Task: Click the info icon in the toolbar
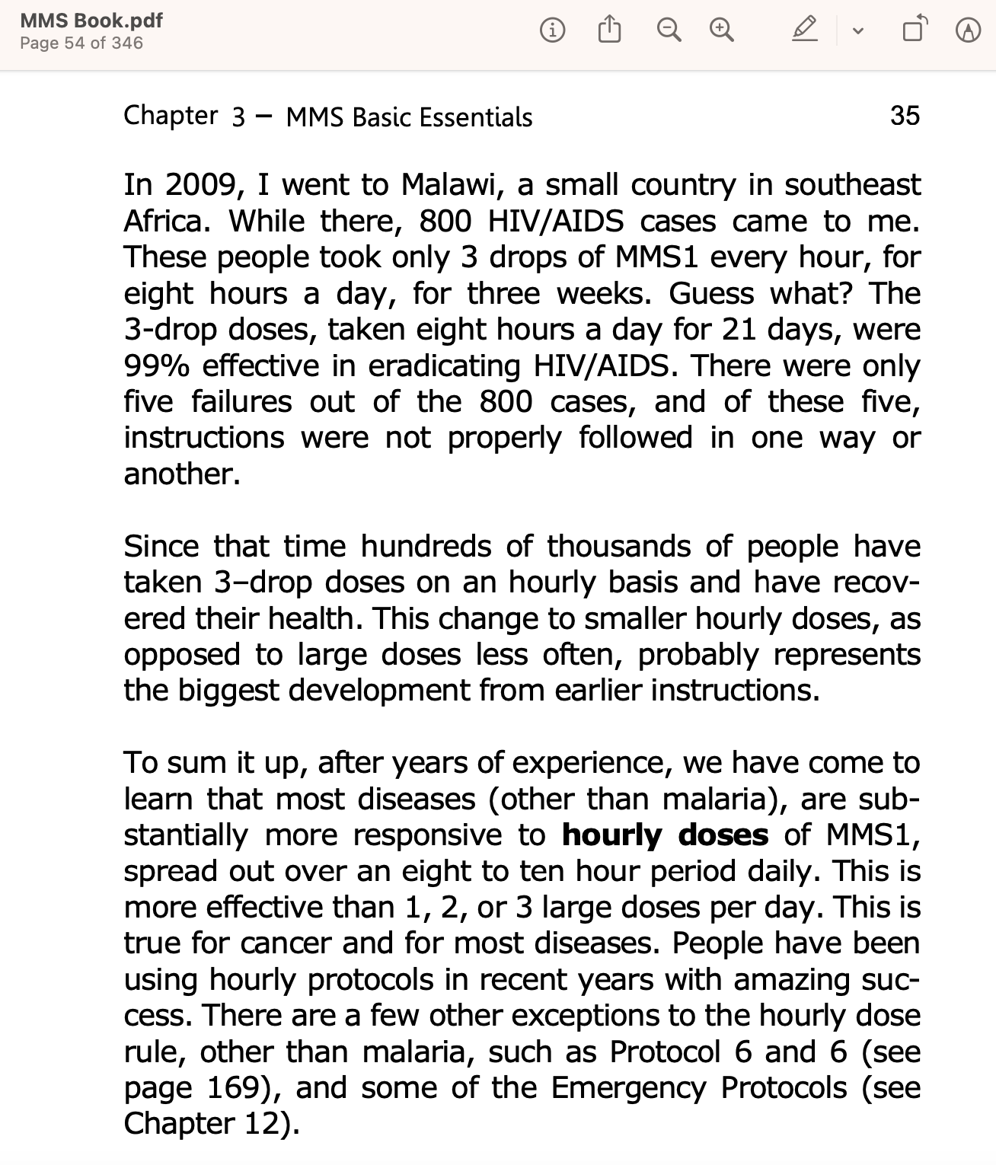click(552, 30)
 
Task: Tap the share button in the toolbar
click(609, 30)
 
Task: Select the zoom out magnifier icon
click(669, 30)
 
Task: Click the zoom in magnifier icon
click(721, 30)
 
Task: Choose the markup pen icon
click(804, 30)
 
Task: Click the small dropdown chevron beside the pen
click(858, 31)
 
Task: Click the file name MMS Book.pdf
click(91, 21)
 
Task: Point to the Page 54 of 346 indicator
click(81, 43)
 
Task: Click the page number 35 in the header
click(905, 116)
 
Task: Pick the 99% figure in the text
click(156, 366)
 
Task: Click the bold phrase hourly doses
click(665, 835)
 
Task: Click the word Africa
click(167, 222)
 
